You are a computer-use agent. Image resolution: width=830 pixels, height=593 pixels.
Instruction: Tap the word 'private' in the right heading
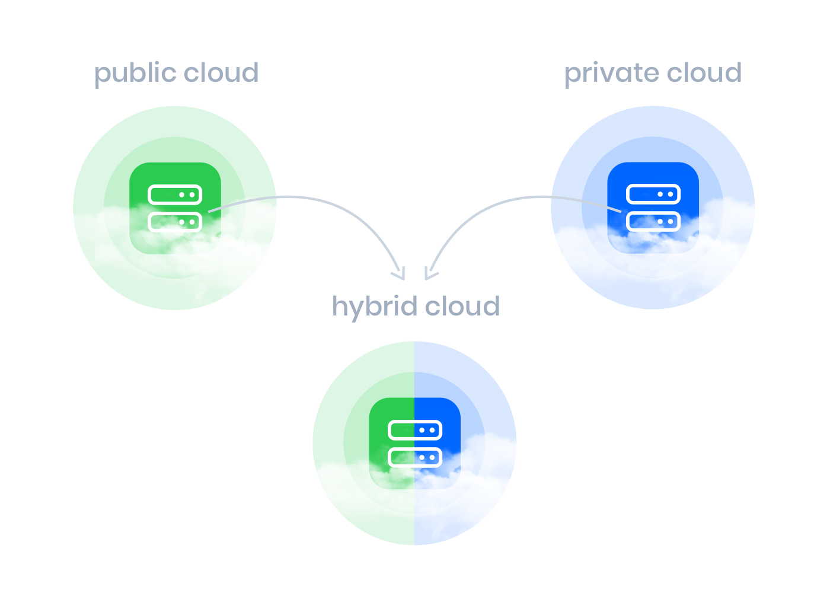[x=611, y=73]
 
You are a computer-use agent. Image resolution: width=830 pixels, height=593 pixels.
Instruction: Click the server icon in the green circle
[x=175, y=208]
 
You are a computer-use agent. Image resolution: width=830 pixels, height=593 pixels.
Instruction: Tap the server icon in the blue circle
[x=653, y=208]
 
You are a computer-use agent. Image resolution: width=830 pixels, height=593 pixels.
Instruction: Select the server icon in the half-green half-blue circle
[x=415, y=444]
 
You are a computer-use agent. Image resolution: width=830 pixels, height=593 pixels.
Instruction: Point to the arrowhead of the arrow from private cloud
[x=429, y=275]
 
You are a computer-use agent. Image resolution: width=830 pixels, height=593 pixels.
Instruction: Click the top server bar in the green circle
[x=175, y=195]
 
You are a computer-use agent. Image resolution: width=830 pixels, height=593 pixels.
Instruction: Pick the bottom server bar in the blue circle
[x=653, y=221]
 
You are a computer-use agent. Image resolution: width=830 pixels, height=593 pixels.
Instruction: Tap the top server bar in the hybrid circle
[x=415, y=430]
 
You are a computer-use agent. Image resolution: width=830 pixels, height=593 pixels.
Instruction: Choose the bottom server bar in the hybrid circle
[x=415, y=457]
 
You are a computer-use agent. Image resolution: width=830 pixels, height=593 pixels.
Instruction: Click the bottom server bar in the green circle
[x=175, y=222]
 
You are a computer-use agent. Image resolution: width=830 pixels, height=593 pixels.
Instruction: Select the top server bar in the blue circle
[x=653, y=194]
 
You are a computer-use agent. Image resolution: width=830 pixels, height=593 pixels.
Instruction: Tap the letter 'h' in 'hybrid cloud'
[x=339, y=305]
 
